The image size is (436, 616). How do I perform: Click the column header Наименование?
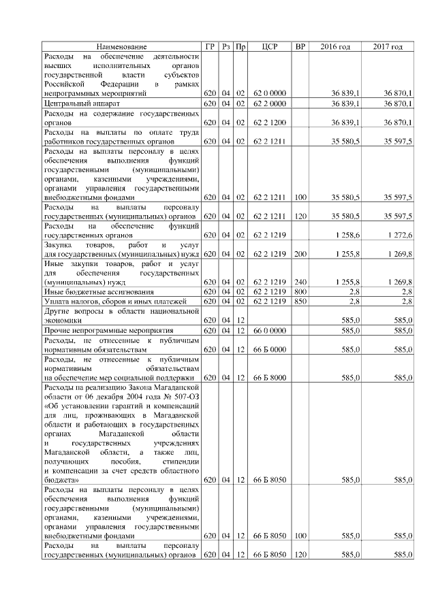(x=121, y=46)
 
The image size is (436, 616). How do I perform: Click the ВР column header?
(x=300, y=46)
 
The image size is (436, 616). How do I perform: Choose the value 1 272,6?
(x=399, y=235)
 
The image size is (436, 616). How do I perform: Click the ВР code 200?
(x=300, y=254)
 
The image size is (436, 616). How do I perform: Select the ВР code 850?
(x=300, y=300)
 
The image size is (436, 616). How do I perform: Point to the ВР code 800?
(x=300, y=291)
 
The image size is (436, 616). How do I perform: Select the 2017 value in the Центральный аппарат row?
(x=398, y=103)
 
